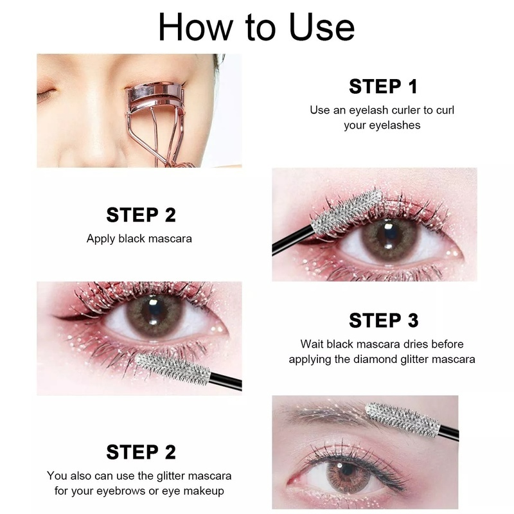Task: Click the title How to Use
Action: pyautogui.click(x=256, y=27)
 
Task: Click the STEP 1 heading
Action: pyautogui.click(x=382, y=86)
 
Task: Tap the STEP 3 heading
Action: pyautogui.click(x=382, y=320)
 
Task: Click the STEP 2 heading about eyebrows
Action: pyautogui.click(x=141, y=452)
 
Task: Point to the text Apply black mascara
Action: pyautogui.click(x=139, y=238)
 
